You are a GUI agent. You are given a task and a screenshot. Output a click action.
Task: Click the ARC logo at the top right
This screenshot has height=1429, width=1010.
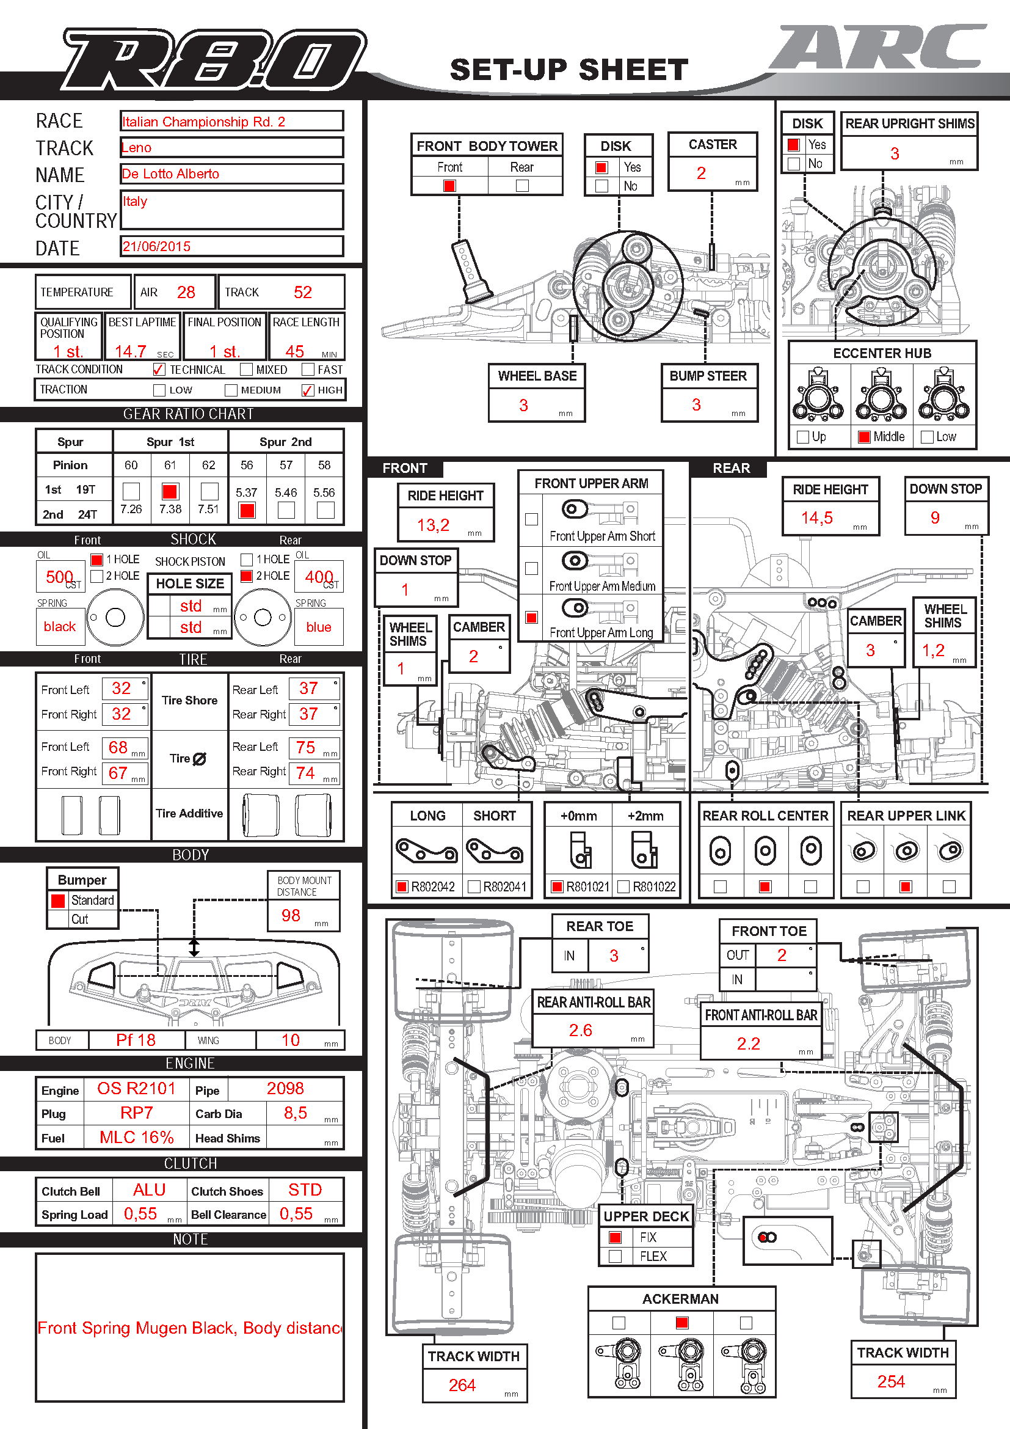(877, 46)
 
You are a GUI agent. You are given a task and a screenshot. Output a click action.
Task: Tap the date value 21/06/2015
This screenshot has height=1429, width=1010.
(157, 246)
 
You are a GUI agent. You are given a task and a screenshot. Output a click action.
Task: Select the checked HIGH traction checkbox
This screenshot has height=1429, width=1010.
(307, 390)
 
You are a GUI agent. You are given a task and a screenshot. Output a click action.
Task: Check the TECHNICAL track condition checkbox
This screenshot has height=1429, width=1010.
(159, 370)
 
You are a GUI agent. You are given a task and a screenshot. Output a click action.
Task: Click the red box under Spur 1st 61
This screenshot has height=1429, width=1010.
(169, 492)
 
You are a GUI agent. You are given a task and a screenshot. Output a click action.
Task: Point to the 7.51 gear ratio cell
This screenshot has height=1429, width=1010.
(208, 509)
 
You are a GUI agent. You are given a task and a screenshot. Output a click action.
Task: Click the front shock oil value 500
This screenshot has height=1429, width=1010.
(60, 577)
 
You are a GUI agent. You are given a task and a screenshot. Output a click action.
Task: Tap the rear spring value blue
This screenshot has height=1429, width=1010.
(318, 627)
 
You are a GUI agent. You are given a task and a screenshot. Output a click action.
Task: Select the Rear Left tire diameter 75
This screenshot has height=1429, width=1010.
(305, 747)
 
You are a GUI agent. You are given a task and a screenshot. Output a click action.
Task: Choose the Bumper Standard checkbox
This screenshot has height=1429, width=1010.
(58, 901)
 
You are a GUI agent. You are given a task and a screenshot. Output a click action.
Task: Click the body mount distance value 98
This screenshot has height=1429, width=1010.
(291, 916)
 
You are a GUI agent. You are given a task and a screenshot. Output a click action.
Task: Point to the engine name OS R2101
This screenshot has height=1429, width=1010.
(136, 1089)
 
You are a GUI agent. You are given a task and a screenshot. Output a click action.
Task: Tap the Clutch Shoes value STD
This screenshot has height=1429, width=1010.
(305, 1190)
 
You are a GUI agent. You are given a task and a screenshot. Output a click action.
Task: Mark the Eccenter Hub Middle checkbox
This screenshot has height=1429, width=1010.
(864, 437)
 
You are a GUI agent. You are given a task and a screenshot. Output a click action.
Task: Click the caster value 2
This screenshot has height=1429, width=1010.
(701, 174)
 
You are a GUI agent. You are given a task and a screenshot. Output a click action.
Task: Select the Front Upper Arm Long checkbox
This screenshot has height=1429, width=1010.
(531, 618)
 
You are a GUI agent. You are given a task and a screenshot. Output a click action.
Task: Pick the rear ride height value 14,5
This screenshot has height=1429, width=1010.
(816, 518)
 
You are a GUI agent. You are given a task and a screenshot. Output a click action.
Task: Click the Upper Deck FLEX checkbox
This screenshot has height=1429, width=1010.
(615, 1256)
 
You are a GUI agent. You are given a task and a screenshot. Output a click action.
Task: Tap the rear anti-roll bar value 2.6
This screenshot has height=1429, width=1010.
(580, 1031)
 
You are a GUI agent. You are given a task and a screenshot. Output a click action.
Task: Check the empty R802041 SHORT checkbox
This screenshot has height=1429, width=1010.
(474, 886)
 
